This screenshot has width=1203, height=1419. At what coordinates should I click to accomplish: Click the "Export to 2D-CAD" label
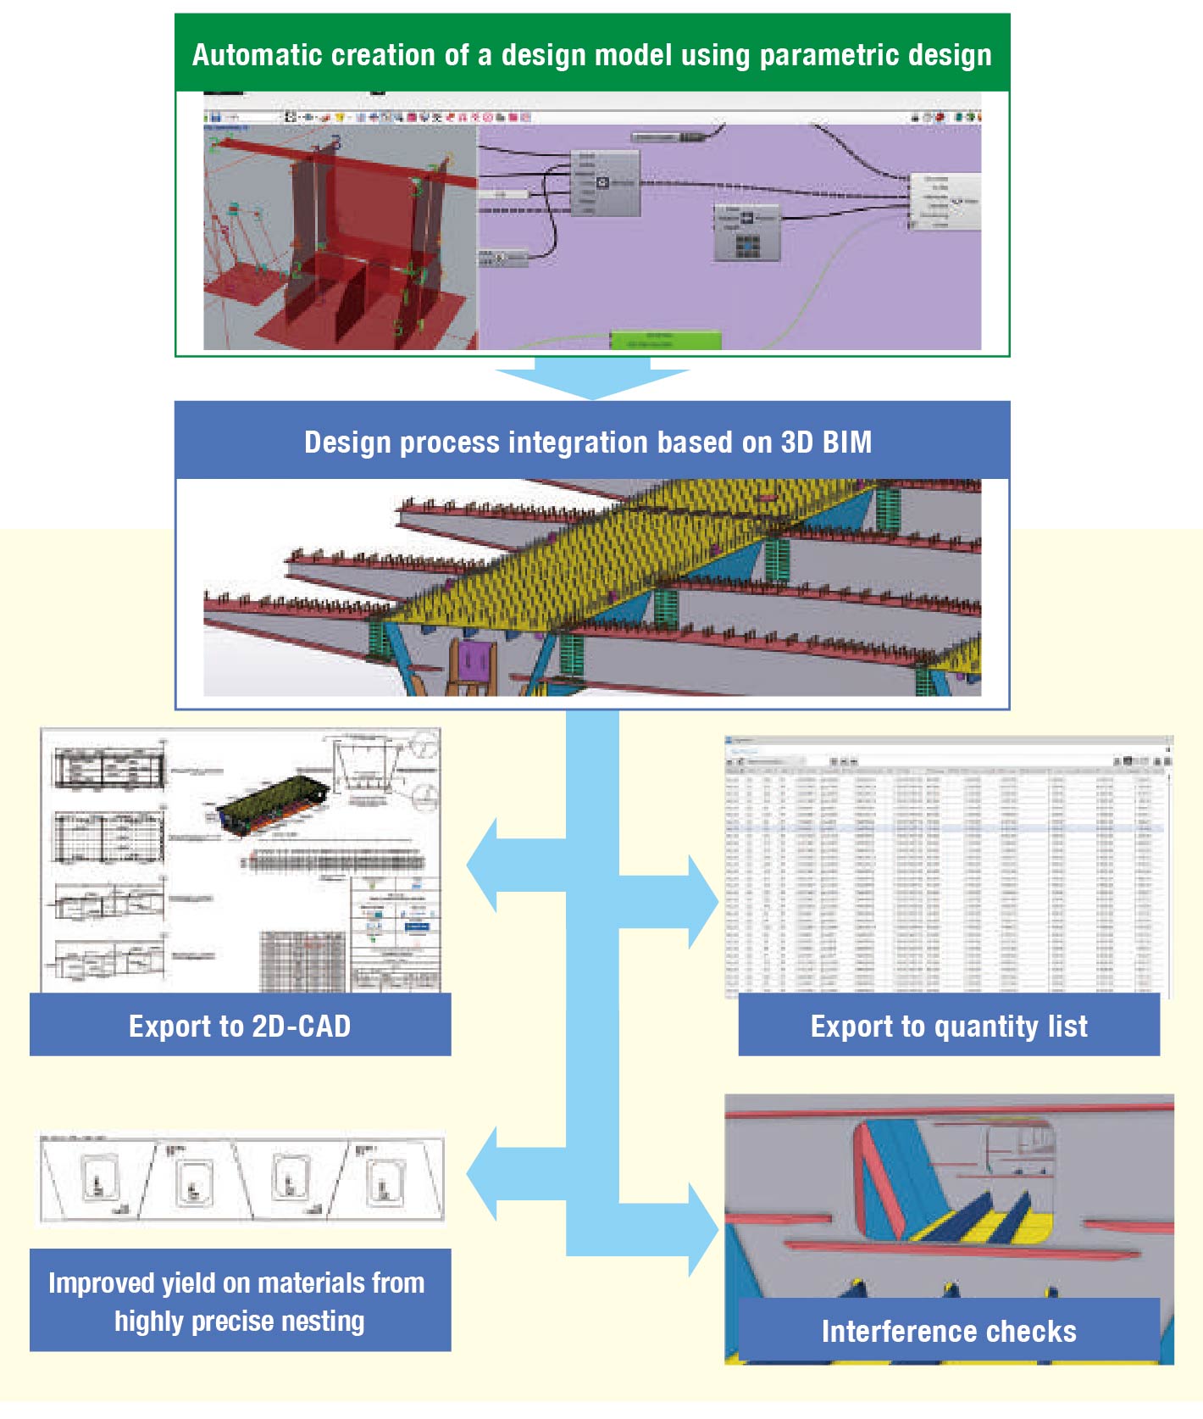[240, 1026]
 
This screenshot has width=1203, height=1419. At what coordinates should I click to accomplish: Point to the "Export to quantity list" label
[949, 1026]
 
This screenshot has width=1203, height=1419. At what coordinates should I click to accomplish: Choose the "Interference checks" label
[949, 1331]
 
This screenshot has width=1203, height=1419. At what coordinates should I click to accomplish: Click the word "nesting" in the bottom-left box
[323, 1321]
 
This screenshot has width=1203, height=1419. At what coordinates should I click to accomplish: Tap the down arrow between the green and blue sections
[592, 378]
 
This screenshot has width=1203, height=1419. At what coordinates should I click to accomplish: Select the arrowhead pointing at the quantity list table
[702, 902]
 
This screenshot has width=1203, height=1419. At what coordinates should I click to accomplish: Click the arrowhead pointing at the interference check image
[702, 1229]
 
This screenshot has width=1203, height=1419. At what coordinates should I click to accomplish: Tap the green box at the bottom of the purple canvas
[666, 340]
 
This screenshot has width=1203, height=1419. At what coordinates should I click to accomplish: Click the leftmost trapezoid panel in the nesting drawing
[97, 1180]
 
